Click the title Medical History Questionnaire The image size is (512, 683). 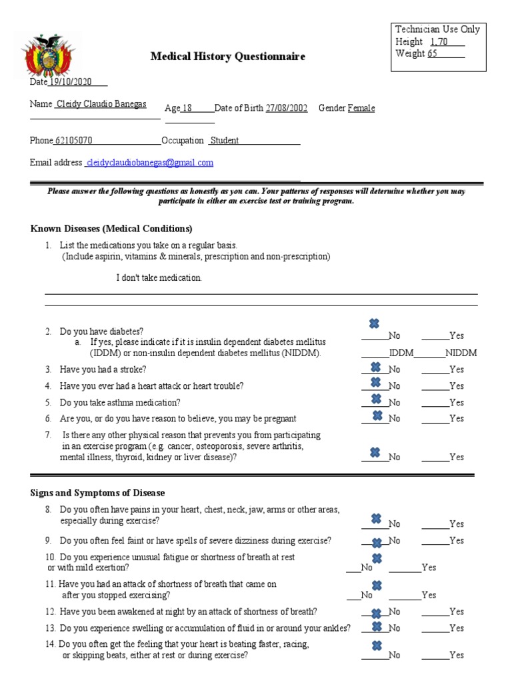pos(227,57)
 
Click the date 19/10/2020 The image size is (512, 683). pos(71,81)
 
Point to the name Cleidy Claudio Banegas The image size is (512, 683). pos(101,104)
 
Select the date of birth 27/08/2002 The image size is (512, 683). pos(287,108)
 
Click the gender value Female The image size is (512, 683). pos(361,108)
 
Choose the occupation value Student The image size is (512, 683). pos(225,141)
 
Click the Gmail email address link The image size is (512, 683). pos(150,163)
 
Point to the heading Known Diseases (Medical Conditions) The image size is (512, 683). pos(111,229)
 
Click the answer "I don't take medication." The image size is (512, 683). pos(159,277)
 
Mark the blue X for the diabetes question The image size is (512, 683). pos(374,324)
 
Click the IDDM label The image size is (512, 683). pos(401,353)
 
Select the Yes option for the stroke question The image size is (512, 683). pos(457,370)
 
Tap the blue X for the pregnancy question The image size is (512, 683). pos(377,416)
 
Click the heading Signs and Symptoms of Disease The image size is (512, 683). pos(97,493)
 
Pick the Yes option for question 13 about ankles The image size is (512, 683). pos(457,628)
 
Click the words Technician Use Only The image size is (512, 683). pos(437,29)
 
